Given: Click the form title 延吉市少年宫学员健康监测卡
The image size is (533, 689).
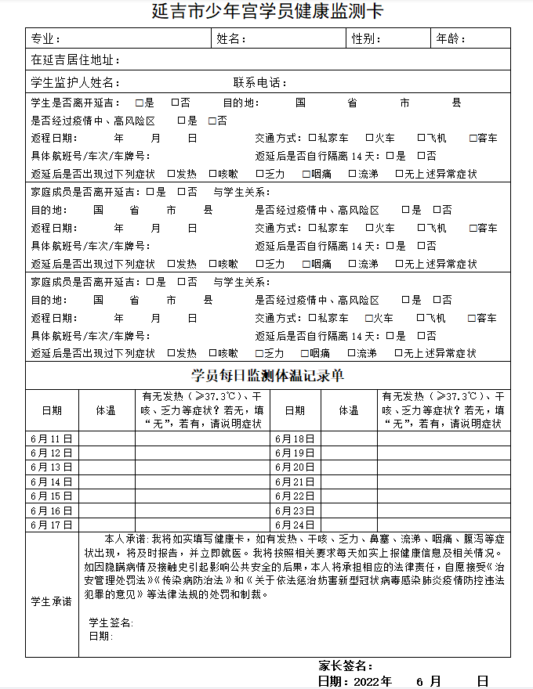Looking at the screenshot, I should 267,13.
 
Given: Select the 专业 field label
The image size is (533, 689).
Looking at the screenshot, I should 44,39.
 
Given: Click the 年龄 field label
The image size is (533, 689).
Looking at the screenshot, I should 450,39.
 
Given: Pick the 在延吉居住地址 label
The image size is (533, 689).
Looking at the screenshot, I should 75,60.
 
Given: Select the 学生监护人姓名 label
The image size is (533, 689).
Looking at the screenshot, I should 75,83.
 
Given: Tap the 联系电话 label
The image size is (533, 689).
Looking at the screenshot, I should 263,83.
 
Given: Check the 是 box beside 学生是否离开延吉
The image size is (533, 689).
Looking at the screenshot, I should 140,103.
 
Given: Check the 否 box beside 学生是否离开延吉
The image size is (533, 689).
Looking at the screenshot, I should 176,103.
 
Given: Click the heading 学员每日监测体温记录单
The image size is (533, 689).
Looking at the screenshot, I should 267,376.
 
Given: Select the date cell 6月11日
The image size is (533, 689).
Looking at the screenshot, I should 52,438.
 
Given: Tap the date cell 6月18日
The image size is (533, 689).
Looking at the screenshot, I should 295,438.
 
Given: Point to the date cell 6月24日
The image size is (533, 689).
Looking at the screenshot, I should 295,525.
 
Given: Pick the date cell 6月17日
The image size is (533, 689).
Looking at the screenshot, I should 52,525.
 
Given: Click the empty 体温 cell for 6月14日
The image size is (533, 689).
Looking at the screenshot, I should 107,482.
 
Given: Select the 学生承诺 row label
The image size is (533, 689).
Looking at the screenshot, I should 52,601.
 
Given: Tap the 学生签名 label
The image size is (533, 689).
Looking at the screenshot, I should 111,622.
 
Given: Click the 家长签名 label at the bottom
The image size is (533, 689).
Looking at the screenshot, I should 345,666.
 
